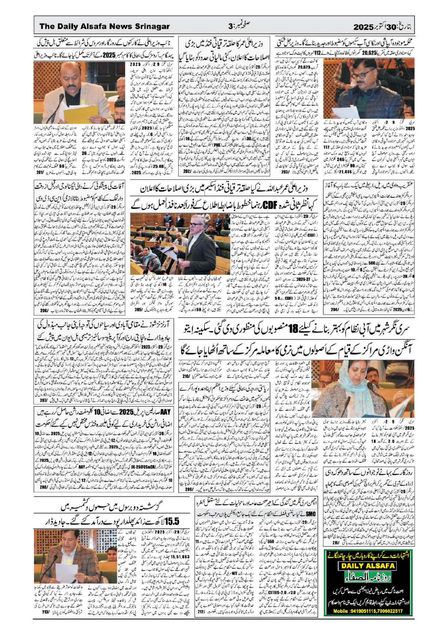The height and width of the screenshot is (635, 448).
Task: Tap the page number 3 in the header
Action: tap(231, 27)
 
